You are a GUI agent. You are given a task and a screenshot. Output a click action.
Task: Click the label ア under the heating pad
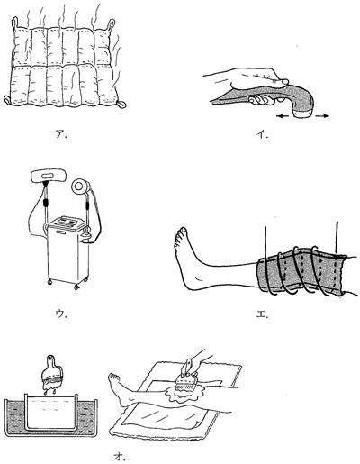click(61, 133)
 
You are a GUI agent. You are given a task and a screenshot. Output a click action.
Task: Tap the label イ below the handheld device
click(262, 134)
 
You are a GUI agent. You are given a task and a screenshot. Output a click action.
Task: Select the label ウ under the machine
click(61, 314)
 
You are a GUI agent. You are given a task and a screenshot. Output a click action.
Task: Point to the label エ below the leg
click(262, 314)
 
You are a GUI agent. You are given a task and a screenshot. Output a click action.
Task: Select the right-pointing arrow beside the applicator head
click(321, 116)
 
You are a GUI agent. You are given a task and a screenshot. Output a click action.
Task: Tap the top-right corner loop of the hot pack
click(111, 23)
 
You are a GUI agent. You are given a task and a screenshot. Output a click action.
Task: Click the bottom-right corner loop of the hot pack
click(121, 105)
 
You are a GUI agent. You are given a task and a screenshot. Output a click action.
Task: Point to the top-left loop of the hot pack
click(14, 23)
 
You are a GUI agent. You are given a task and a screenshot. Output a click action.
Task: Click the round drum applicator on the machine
click(80, 187)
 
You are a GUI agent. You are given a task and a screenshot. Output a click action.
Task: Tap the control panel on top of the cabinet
click(67, 223)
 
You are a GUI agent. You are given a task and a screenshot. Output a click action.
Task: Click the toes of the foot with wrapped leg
click(180, 237)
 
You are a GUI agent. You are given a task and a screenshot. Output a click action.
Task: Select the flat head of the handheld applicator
click(302, 114)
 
